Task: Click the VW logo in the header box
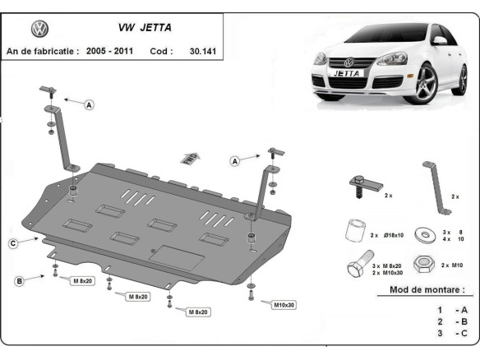pyautogui.click(x=39, y=29)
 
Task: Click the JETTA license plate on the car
pyautogui.click(x=350, y=72)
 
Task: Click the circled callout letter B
pyautogui.click(x=19, y=282)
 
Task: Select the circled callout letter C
pyautogui.click(x=13, y=242)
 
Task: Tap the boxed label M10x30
pyautogui.click(x=284, y=305)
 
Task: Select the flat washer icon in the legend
pyautogui.click(x=426, y=233)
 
